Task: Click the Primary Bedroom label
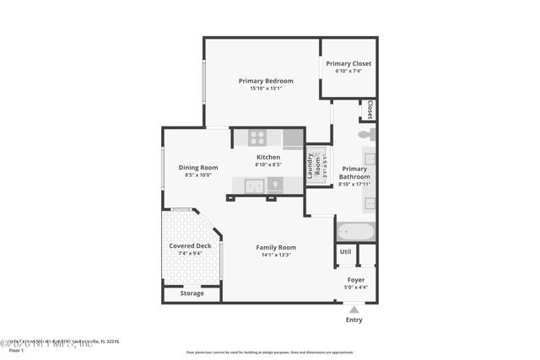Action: pos(265,81)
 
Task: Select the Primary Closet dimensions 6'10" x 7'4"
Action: pos(348,72)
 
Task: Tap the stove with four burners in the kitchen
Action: pos(257,137)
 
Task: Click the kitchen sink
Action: pos(255,186)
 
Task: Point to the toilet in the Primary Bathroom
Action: pos(365,134)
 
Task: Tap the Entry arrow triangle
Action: pos(354,309)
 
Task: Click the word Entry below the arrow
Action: pos(354,320)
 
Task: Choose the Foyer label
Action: pos(356,279)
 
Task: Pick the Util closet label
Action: pos(345,251)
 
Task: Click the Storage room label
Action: pos(192,293)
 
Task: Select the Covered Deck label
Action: pos(185,245)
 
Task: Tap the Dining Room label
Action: pos(197,167)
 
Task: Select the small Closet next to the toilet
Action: pos(369,110)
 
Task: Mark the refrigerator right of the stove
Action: pos(293,138)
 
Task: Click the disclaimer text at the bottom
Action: pos(270,352)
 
